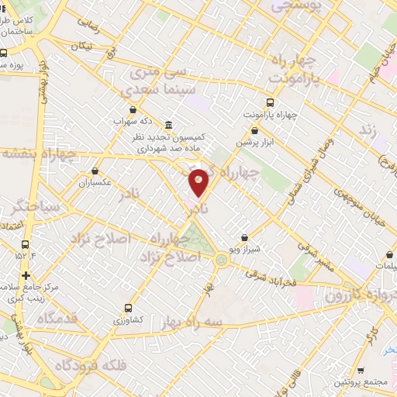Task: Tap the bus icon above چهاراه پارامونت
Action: point(270,103)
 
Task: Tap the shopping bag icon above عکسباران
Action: point(95,171)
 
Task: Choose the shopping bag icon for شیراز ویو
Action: point(245,238)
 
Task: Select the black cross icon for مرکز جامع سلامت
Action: point(26,275)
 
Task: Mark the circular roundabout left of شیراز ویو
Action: point(223,261)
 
